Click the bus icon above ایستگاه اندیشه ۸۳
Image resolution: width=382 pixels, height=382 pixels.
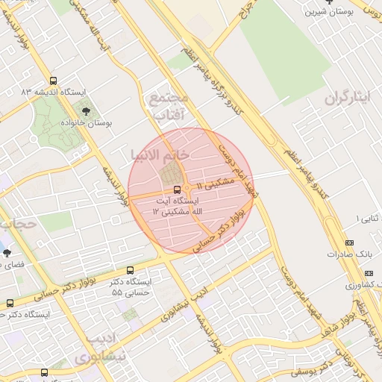click(52, 81)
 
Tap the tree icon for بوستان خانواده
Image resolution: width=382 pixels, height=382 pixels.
click(86, 111)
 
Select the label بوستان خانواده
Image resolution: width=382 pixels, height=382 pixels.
click(87, 123)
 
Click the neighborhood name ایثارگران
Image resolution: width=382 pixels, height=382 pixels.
click(347, 98)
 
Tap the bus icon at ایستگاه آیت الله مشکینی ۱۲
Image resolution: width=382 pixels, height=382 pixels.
click(177, 189)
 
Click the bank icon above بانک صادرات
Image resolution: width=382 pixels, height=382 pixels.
click(349, 242)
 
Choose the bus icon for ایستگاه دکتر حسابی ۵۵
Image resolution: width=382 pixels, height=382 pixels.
click(131, 270)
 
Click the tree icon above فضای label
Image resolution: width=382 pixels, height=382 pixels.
click(7, 253)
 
